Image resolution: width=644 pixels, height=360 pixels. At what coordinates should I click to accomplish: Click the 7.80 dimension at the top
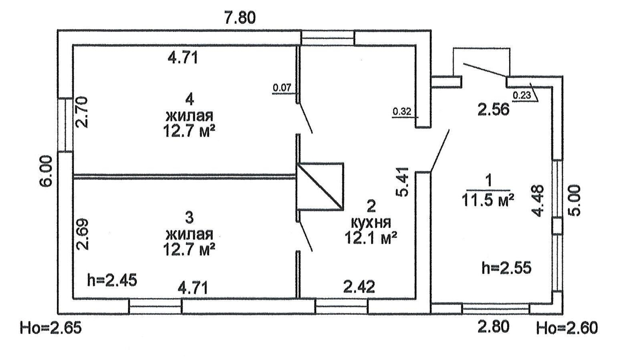[x=240, y=18]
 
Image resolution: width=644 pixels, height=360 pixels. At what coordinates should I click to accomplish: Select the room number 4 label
[x=190, y=98]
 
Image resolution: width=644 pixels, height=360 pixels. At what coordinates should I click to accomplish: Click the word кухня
[x=371, y=223]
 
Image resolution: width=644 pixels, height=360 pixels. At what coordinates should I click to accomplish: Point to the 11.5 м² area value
[x=488, y=200]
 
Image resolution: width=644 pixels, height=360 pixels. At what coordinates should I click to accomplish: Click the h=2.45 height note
[x=112, y=279]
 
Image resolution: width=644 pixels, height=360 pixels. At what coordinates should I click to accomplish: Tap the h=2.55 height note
[x=506, y=267]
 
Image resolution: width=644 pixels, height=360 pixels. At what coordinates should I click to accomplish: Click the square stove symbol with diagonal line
[x=320, y=186]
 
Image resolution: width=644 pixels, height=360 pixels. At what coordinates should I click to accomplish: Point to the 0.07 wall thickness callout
[x=282, y=87]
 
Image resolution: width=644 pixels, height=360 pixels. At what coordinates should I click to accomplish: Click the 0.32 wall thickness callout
[x=402, y=111]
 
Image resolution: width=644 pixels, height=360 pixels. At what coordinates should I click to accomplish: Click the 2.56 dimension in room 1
[x=493, y=109]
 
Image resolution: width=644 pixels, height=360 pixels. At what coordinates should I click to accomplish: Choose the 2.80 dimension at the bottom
[x=493, y=327]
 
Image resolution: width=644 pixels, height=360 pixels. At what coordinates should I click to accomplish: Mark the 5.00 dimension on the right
[x=575, y=200]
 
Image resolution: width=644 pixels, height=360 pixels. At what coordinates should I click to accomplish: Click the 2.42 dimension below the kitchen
[x=359, y=287]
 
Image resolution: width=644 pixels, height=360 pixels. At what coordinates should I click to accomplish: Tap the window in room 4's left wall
[x=65, y=125]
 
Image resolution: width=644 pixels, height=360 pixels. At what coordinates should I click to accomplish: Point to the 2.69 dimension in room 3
[x=83, y=234]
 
